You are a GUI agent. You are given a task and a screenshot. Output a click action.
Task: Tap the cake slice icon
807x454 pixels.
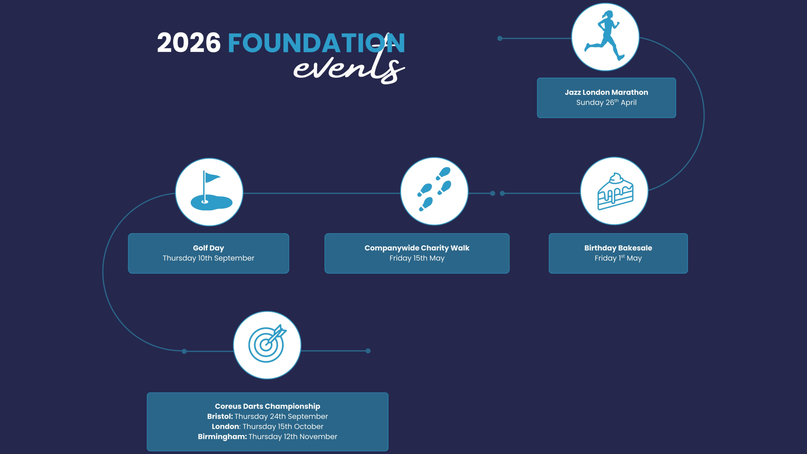(x=615, y=191)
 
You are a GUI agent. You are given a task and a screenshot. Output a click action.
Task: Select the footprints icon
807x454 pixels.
(x=434, y=189)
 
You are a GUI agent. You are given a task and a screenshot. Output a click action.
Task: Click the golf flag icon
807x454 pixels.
(x=211, y=191)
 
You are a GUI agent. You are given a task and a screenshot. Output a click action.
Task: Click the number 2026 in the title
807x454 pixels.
(x=189, y=43)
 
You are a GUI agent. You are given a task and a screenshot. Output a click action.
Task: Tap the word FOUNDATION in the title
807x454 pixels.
(x=316, y=43)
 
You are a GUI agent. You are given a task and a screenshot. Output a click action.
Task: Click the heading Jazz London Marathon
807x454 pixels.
(x=606, y=92)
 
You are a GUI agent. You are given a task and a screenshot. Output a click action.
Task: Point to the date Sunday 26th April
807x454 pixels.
(x=606, y=102)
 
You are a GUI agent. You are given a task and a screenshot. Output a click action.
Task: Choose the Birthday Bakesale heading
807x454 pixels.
(x=618, y=248)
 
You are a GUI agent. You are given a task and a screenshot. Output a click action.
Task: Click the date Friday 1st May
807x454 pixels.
(x=618, y=258)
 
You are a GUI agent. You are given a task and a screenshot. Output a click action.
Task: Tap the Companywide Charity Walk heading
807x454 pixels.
(x=417, y=248)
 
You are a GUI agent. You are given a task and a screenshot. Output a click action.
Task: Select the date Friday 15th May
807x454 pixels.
(x=417, y=258)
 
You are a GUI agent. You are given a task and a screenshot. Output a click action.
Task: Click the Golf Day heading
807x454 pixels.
(x=208, y=248)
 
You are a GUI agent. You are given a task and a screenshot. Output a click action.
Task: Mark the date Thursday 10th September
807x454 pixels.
(x=208, y=258)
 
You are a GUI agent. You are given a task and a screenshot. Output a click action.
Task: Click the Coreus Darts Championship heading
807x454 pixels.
(x=267, y=406)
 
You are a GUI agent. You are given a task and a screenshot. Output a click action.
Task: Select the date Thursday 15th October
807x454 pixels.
(x=283, y=427)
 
